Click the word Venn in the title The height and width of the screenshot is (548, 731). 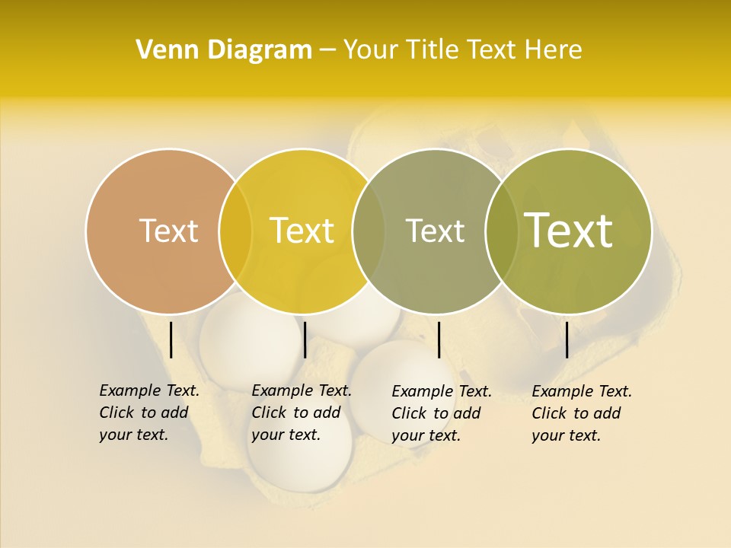coord(161,50)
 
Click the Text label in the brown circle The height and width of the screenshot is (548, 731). coord(168,231)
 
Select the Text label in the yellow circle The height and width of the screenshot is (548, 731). coord(302,231)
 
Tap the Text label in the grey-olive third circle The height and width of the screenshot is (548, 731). coord(435,231)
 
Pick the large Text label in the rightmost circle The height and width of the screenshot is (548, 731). coord(569,231)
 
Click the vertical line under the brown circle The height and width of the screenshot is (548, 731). coord(171,339)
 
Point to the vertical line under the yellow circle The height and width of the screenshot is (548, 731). coord(305,339)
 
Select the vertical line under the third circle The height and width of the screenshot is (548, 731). coord(439,339)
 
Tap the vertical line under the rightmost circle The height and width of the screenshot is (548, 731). coord(567,339)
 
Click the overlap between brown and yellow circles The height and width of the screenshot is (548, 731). coord(235,231)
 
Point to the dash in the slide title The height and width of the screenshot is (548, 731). coord(327,50)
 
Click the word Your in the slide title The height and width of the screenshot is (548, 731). coord(370,50)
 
